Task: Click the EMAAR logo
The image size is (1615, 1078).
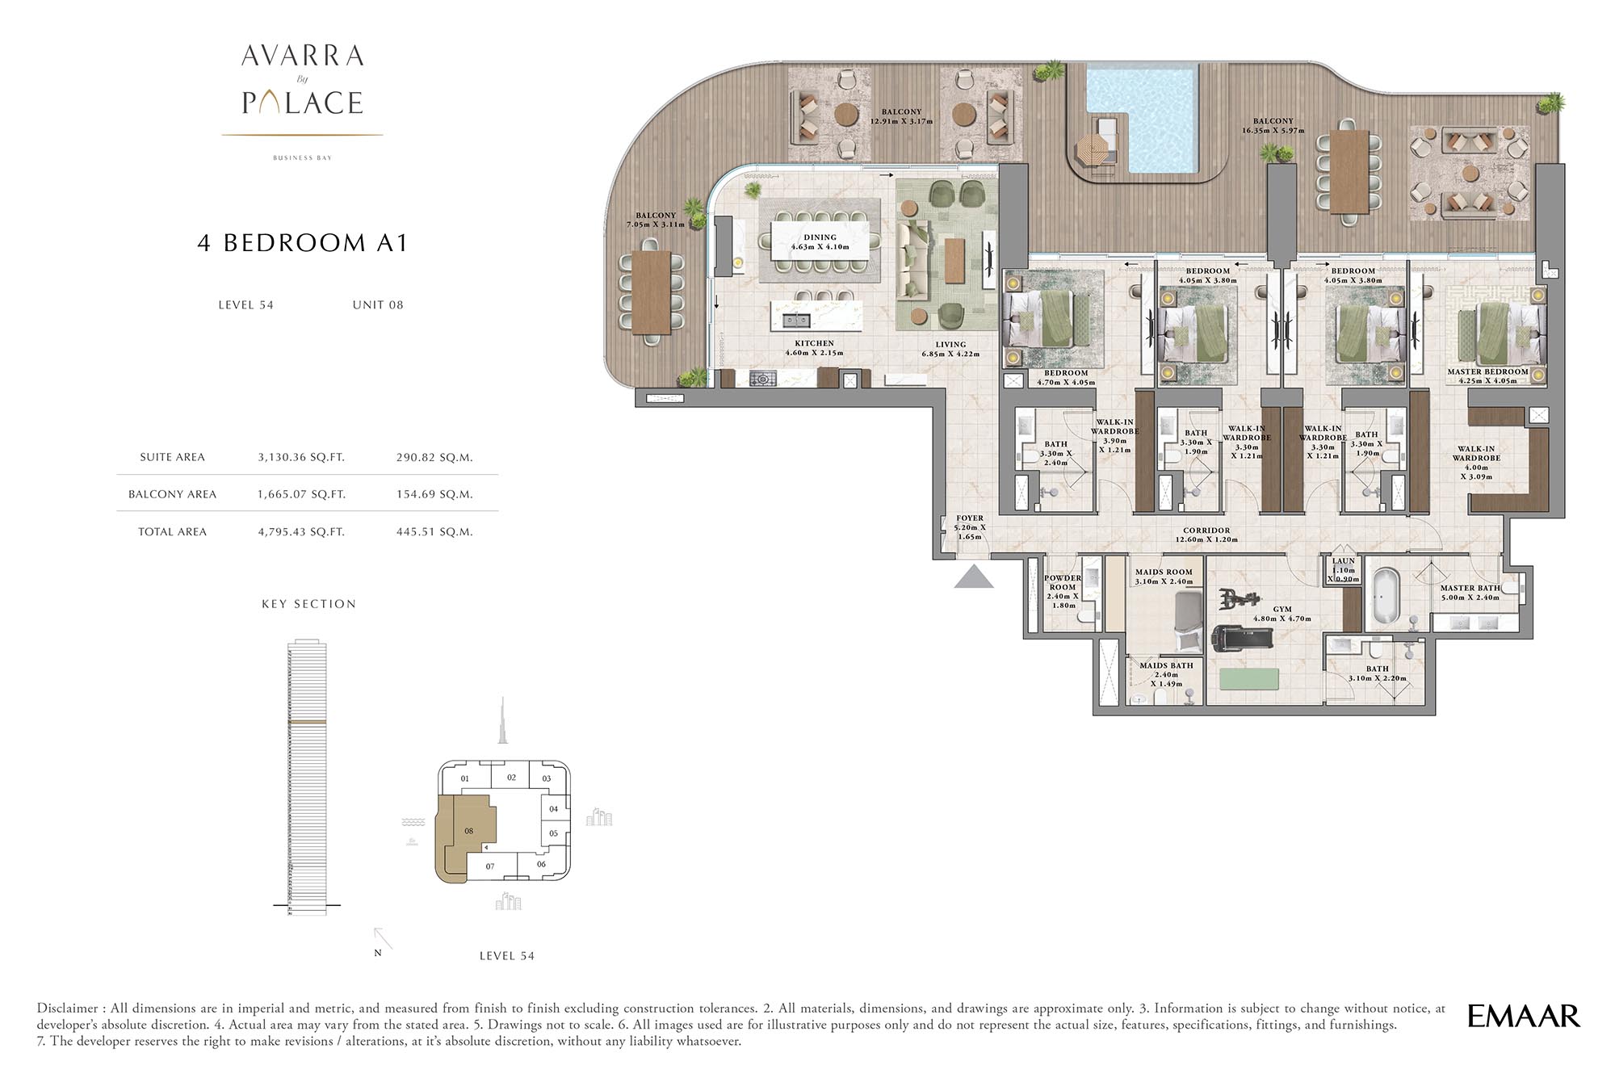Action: point(1523,1016)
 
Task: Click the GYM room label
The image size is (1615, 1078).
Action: point(1282,610)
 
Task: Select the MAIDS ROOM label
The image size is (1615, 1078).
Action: point(1163,572)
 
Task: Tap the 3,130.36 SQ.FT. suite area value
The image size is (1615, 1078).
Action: point(301,457)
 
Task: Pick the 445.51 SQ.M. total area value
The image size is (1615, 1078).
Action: point(434,531)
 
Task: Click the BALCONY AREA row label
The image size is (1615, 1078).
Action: point(172,494)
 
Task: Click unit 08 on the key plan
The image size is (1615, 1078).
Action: point(468,831)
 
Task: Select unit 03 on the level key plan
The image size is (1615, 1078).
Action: point(547,778)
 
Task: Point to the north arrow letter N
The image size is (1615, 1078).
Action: point(378,953)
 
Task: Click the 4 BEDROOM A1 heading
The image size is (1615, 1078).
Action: point(302,243)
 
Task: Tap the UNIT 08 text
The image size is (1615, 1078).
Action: point(378,304)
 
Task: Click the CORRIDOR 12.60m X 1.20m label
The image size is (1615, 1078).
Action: point(1206,535)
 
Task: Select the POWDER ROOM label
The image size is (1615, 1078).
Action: point(1062,582)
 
